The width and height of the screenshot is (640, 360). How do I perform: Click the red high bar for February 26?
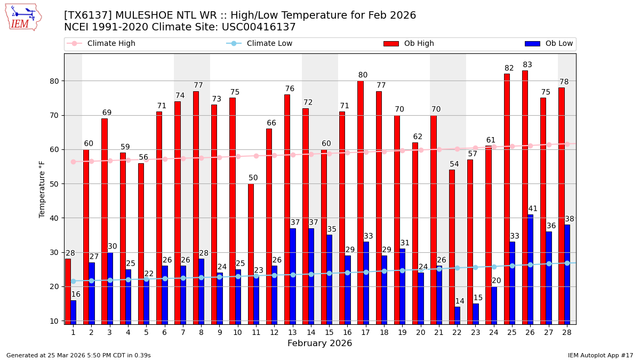(525, 197)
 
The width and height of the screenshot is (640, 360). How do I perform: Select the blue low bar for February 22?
(457, 315)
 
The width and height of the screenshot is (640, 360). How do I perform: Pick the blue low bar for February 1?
(73, 312)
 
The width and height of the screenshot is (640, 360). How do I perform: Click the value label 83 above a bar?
(527, 65)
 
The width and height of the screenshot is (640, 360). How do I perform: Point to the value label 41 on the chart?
(533, 209)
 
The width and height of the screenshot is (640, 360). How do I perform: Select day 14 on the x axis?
(310, 332)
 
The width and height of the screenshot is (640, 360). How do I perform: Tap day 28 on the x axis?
(566, 332)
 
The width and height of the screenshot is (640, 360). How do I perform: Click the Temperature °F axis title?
(42, 189)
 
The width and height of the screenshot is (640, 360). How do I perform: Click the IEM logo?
(22, 17)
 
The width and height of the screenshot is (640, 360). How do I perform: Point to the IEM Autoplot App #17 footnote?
(600, 355)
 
